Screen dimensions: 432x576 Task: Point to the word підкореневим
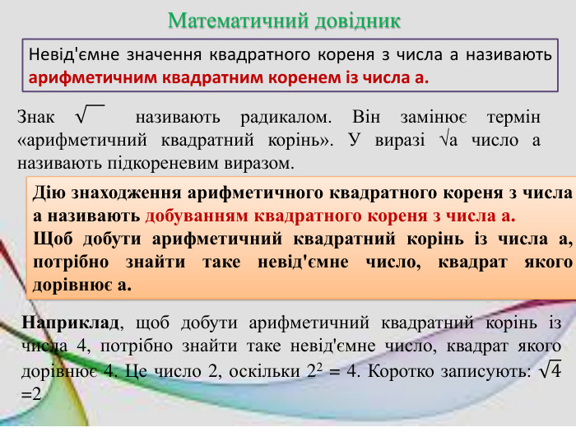[145, 162]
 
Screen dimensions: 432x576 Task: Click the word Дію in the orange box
[45, 195]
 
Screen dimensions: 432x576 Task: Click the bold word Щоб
[51, 239]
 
